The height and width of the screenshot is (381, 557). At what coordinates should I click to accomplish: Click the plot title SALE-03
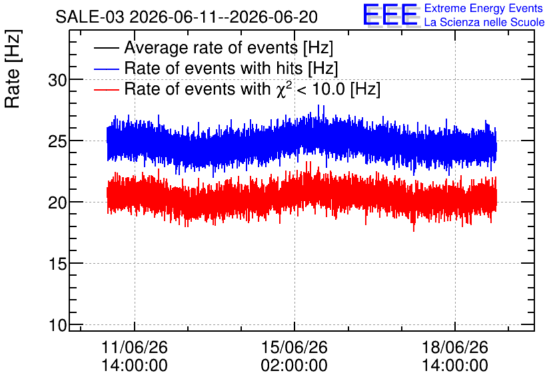90,17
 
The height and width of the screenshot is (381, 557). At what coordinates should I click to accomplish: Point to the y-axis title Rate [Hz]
13,69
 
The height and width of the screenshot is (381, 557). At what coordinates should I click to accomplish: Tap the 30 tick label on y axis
57,81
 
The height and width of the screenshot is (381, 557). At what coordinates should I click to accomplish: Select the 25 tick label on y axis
57,142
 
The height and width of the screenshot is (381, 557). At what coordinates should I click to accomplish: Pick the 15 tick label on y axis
57,264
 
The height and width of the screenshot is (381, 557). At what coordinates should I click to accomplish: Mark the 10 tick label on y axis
57,325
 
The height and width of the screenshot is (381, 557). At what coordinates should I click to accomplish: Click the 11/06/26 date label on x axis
135,347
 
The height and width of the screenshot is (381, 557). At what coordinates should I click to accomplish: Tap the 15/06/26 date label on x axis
294,347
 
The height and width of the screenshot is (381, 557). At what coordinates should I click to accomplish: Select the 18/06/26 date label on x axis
455,347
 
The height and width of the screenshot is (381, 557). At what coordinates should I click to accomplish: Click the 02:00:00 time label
294,366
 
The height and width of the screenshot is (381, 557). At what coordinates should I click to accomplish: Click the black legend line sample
107,48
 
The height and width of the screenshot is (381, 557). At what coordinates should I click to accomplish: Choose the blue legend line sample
107,69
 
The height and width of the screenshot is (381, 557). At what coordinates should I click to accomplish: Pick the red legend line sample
107,90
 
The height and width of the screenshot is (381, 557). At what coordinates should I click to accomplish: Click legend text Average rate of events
211,47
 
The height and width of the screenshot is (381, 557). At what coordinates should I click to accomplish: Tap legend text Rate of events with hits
213,68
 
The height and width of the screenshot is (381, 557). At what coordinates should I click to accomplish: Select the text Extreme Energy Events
484,8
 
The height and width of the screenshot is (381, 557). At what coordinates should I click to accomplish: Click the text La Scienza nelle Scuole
484,23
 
